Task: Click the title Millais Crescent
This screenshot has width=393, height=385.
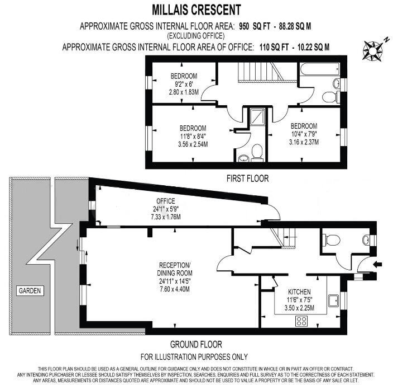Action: [x=197, y=10]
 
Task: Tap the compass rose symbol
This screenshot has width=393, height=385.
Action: [x=372, y=50]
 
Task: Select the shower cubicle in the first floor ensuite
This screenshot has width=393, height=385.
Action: [x=257, y=117]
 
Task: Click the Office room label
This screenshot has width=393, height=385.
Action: [x=165, y=201]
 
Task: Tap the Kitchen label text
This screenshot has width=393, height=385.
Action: [x=299, y=292]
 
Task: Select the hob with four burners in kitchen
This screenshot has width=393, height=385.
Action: [x=302, y=321]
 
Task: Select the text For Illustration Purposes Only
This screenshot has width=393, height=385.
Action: [x=194, y=356]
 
